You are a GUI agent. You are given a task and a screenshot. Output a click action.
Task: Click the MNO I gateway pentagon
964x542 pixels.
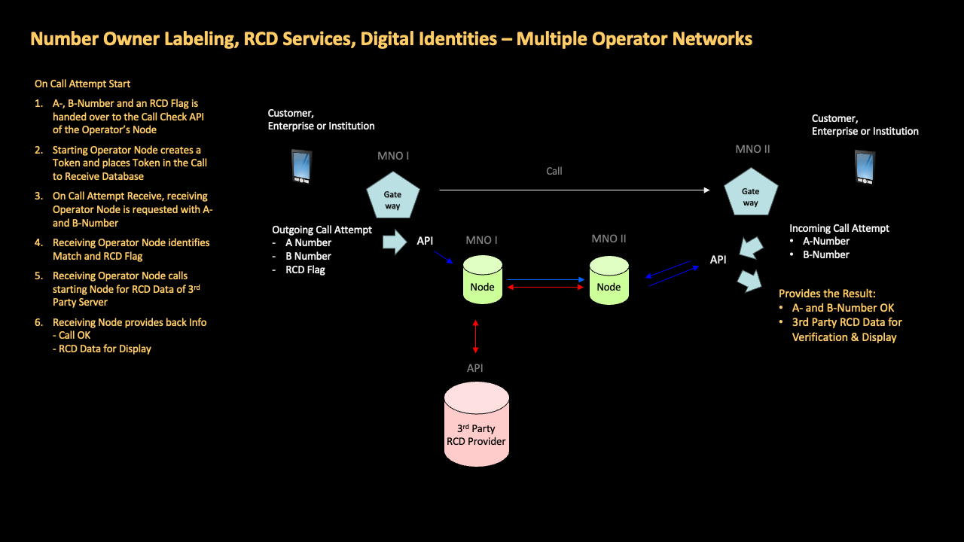tap(392, 197)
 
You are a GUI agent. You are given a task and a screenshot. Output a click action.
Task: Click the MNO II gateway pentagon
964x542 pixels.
tap(750, 194)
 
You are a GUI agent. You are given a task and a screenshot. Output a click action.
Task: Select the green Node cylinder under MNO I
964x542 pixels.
tap(482, 280)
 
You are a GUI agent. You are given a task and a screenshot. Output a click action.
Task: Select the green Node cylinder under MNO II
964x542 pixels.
tap(609, 280)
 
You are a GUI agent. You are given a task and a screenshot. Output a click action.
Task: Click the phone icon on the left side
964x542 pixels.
tap(301, 166)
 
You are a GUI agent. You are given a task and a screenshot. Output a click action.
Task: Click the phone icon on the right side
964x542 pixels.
tap(865, 167)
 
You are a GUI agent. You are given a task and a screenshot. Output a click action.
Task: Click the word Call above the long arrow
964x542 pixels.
tap(554, 172)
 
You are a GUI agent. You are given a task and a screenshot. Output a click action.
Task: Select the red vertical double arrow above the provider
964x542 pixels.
tap(475, 335)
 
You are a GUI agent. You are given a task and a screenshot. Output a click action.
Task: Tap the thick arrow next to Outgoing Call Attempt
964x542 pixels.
tap(394, 242)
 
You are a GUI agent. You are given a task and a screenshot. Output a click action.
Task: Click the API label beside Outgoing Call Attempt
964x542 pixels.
tap(425, 242)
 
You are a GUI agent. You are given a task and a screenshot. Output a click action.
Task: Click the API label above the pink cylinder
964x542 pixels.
tap(474, 368)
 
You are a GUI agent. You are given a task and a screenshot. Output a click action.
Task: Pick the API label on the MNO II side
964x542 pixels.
tap(718, 260)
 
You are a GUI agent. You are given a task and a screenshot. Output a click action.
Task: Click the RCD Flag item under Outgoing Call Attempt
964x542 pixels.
tap(305, 269)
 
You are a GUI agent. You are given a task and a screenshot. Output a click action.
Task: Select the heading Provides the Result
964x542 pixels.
tap(827, 294)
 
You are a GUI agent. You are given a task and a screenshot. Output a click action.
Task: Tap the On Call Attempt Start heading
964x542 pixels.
tap(82, 84)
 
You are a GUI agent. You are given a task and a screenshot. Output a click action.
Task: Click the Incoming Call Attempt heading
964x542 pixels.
tap(839, 228)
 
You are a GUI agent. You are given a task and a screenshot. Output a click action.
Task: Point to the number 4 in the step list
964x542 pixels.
tap(38, 243)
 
